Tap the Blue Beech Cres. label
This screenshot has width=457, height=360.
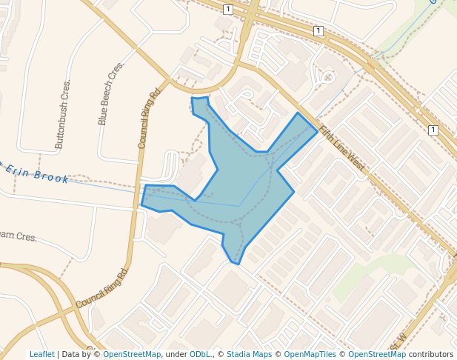111,93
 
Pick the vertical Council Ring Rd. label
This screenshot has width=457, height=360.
149,119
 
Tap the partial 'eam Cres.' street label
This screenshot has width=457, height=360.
18,236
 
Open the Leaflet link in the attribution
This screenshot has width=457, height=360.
41,355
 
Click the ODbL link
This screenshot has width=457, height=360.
200,355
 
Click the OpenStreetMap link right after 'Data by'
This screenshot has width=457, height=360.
131,355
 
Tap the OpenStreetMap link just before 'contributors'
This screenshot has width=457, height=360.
377,355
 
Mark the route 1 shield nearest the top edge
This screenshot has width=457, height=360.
227,9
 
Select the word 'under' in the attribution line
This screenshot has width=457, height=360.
176,355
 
